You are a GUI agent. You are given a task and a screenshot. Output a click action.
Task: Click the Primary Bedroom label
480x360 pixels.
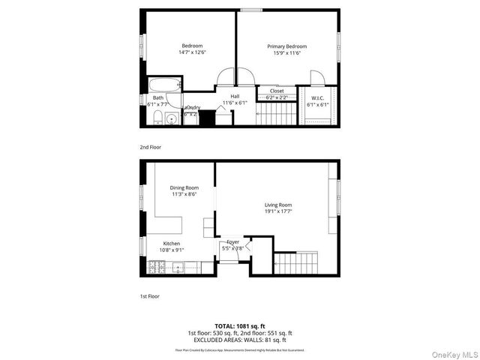pyautogui.click(x=287, y=46)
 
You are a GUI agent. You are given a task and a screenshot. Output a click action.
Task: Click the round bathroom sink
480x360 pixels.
pyautogui.click(x=172, y=118)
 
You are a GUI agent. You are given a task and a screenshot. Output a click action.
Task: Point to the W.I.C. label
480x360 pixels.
pyautogui.click(x=317, y=97)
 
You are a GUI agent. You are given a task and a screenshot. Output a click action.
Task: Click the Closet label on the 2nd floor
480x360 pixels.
pyautogui.click(x=277, y=91)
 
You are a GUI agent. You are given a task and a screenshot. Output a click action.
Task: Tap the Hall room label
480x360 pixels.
pyautogui.click(x=235, y=96)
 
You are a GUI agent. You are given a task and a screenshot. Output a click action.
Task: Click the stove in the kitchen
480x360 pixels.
pyautogui.click(x=158, y=265)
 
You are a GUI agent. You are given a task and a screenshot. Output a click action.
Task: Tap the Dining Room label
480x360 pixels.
pyautogui.click(x=184, y=187)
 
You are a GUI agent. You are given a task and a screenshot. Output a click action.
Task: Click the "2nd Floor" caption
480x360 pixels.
pyautogui.click(x=150, y=147)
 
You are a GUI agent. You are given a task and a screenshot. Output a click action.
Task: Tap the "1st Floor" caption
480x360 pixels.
pyautogui.click(x=149, y=295)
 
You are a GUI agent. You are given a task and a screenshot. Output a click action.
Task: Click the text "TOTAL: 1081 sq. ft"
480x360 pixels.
pyautogui.click(x=239, y=325)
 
